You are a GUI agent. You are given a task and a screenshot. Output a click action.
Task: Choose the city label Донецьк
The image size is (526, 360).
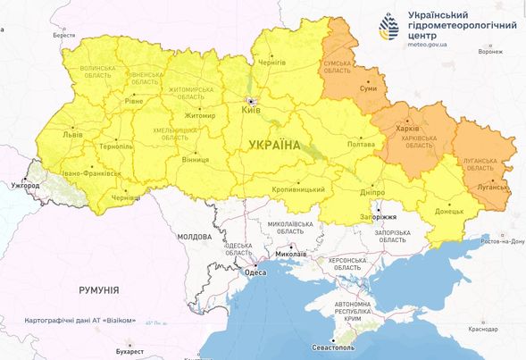(450, 212)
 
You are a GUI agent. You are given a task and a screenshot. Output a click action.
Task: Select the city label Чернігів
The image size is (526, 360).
(271, 63)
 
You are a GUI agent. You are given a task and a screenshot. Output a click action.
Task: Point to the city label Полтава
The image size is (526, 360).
(360, 144)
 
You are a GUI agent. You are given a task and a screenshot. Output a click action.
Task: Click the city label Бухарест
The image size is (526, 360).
(129, 352)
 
